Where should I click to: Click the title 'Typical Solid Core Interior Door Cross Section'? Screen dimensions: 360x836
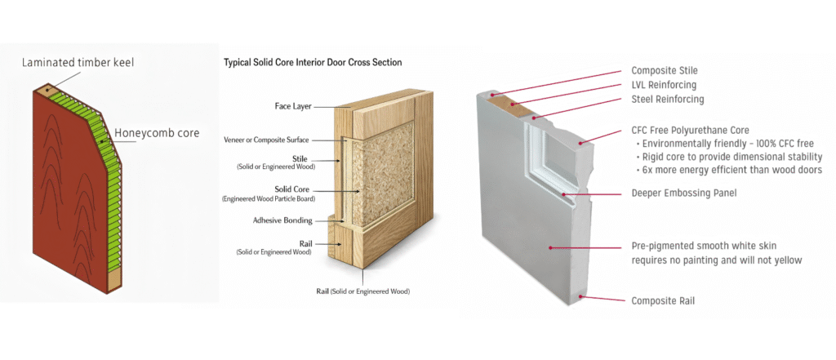coord(312,62)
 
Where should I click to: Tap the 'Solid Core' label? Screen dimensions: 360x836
coord(292,189)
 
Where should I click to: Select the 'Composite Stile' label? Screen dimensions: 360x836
coord(665,71)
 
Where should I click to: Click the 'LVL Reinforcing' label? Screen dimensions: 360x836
coord(664,85)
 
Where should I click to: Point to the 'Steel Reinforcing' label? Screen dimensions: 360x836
coord(667,100)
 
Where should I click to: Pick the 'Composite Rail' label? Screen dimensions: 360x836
coord(664,300)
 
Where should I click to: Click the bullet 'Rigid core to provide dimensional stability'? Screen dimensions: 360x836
coord(732,157)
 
